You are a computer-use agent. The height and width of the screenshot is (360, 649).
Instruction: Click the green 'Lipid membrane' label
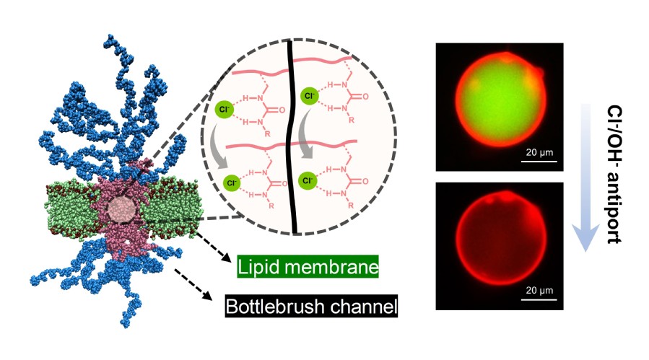click(x=308, y=268)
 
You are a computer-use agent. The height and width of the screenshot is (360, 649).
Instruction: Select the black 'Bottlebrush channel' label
click(x=312, y=307)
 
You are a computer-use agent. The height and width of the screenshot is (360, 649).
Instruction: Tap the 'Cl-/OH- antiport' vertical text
click(x=615, y=172)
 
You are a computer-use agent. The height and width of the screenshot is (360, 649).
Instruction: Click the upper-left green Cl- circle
click(x=224, y=110)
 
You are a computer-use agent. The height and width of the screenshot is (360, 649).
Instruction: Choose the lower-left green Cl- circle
click(x=232, y=182)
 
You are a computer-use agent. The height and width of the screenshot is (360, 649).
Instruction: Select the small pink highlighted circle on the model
click(x=120, y=210)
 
